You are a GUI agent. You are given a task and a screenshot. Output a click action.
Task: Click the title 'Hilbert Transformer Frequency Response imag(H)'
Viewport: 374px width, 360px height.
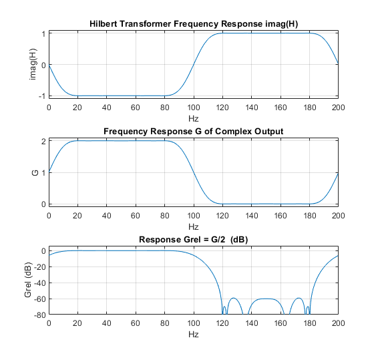click(x=193, y=24)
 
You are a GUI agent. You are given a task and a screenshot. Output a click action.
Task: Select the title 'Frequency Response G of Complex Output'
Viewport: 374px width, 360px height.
click(x=193, y=131)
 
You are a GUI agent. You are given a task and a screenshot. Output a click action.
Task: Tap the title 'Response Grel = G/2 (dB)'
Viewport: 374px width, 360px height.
click(x=193, y=239)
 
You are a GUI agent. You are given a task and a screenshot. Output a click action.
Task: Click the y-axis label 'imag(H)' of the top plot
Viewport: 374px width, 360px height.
click(x=33, y=64)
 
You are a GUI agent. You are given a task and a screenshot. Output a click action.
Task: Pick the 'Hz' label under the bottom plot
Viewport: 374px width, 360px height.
click(x=193, y=333)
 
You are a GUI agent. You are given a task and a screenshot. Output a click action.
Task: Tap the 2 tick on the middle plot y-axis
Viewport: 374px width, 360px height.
click(x=42, y=142)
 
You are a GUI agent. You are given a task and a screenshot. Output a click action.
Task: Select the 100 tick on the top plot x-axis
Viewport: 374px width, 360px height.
click(x=193, y=107)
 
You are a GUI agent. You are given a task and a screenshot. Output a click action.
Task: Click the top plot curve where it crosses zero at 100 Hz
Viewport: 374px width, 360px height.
click(x=193, y=65)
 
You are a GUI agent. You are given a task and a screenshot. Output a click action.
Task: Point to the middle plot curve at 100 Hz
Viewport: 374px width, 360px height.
click(x=193, y=173)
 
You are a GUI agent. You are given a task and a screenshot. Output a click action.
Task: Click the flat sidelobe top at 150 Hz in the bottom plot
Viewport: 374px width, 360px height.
click(x=266, y=299)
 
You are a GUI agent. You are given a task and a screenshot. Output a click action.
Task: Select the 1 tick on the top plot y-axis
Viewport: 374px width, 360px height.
click(x=42, y=33)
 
